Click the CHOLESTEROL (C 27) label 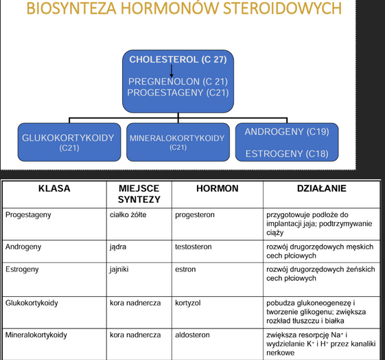coord(178,59)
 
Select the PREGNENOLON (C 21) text coord(178,81)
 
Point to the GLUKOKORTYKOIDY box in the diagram coord(68,142)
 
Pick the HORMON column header coord(217,188)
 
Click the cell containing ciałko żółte coord(128,214)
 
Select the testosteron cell coord(194,246)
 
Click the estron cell coord(185,270)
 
